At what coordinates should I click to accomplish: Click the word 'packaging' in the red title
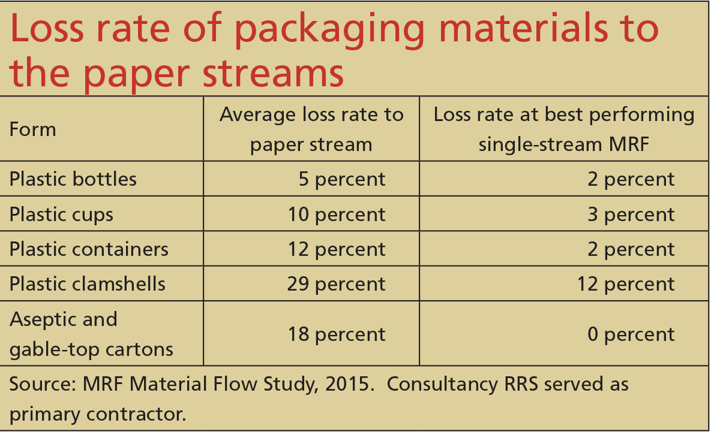329,31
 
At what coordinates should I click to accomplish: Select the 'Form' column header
32,129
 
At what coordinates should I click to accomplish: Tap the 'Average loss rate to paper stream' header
311,129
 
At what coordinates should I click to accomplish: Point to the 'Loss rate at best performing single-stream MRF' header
563,129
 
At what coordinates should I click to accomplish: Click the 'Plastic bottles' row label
73,179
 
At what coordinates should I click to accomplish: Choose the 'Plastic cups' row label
61,215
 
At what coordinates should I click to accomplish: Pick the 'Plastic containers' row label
89,249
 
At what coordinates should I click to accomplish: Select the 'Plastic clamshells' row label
88,284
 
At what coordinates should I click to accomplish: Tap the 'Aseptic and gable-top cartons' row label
91,334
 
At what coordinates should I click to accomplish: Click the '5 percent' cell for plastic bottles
342,179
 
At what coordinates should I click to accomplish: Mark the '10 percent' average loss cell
337,215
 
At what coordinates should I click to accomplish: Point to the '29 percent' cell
336,285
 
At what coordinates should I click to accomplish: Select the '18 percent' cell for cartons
337,335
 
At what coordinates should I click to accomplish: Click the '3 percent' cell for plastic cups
631,215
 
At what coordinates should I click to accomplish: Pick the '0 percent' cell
631,335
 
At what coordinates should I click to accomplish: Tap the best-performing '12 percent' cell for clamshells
626,285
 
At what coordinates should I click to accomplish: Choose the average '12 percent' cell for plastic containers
337,249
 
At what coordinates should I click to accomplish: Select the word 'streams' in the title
273,73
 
